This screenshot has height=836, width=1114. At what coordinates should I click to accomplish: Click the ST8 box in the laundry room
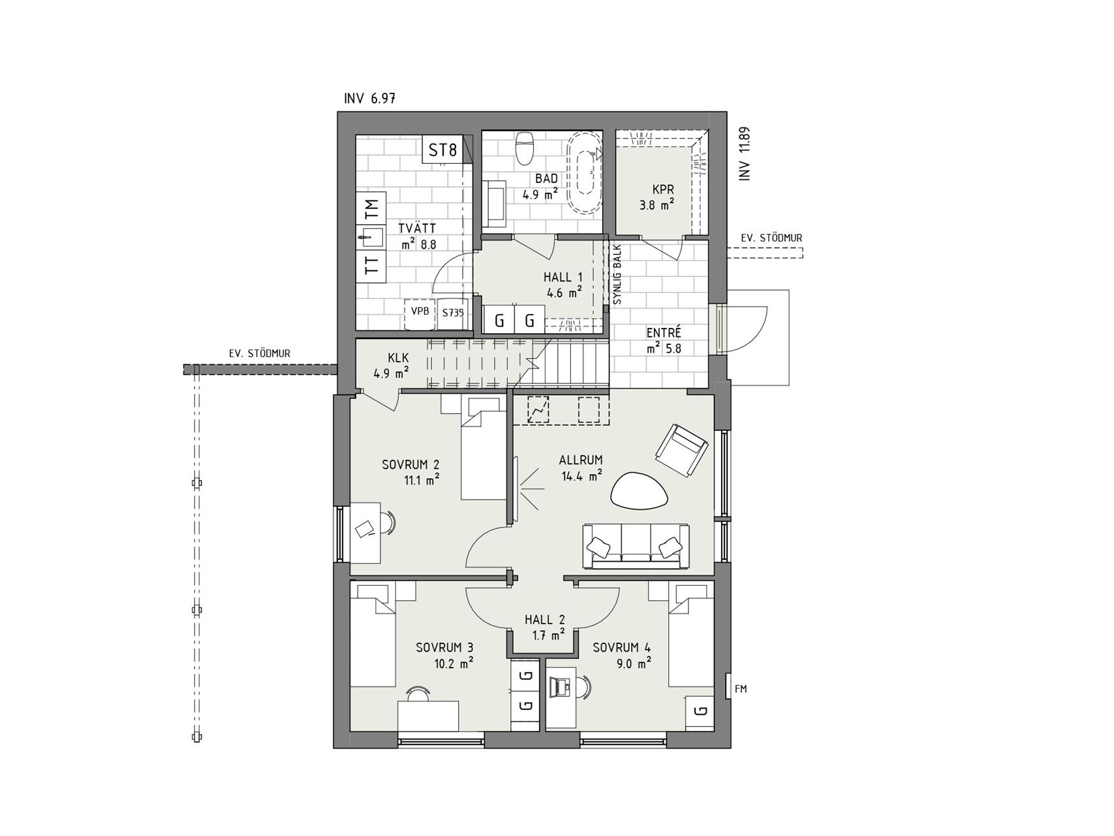442,151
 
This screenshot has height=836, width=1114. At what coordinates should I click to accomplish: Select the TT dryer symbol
371,265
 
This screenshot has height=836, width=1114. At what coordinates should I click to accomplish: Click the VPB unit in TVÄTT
420,312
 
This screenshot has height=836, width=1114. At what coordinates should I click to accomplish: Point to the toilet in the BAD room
525,148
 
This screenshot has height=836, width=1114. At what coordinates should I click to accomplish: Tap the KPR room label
662,189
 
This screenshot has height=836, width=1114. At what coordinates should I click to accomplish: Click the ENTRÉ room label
664,332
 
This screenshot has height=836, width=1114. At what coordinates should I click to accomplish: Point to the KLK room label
397,358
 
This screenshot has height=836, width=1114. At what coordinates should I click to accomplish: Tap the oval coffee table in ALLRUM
640,490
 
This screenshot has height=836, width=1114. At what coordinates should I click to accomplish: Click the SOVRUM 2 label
410,465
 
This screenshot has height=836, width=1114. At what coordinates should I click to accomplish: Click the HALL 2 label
545,620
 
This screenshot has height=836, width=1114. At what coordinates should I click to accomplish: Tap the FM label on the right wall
741,688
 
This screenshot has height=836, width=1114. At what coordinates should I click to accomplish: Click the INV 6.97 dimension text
369,99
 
